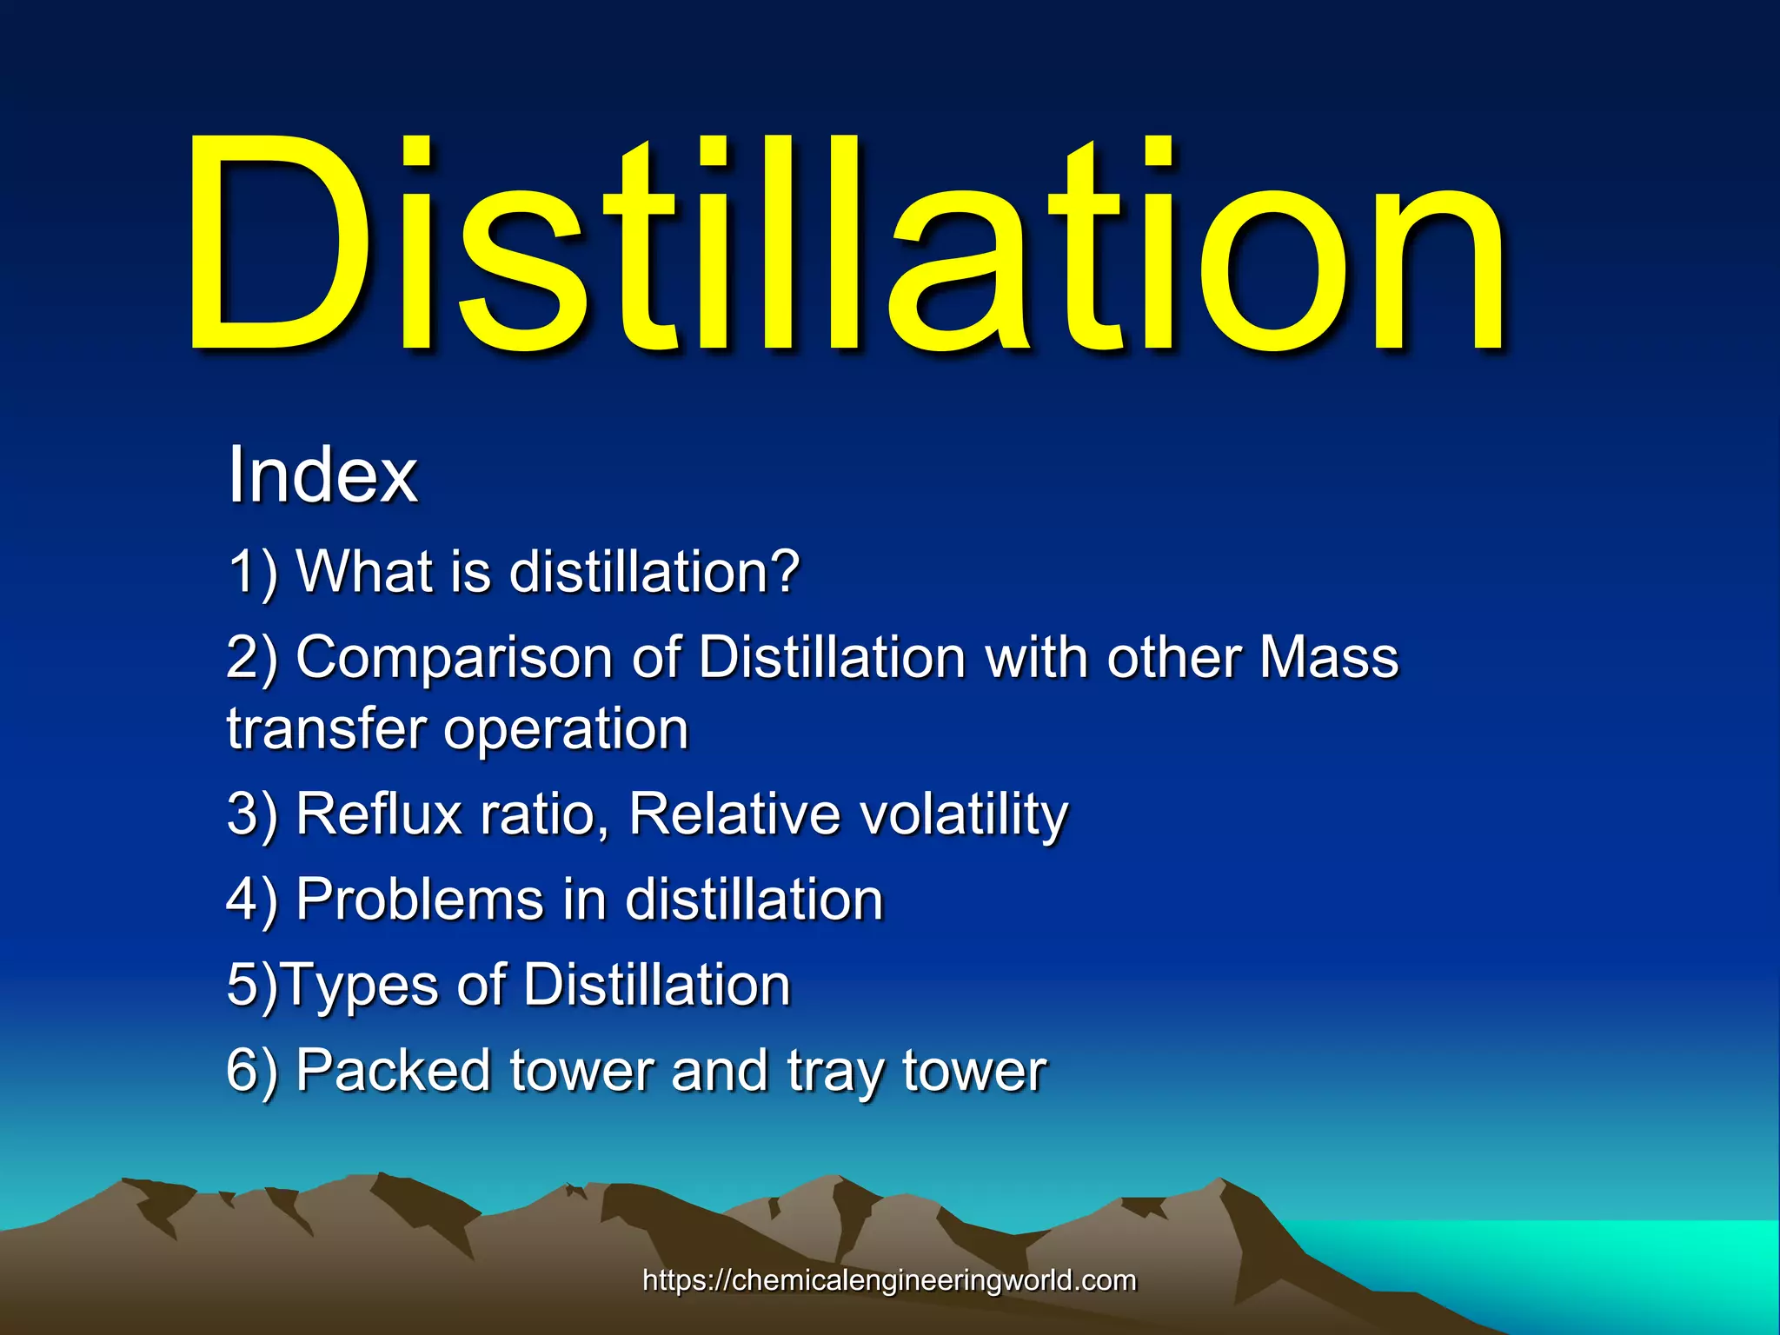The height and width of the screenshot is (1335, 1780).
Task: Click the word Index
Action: coord(322,475)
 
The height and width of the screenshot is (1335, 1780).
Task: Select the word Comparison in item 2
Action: coord(454,658)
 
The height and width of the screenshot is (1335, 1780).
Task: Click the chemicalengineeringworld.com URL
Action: coord(889,1280)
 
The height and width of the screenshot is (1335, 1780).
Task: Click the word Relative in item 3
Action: coord(734,814)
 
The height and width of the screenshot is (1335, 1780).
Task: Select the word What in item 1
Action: coord(365,573)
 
